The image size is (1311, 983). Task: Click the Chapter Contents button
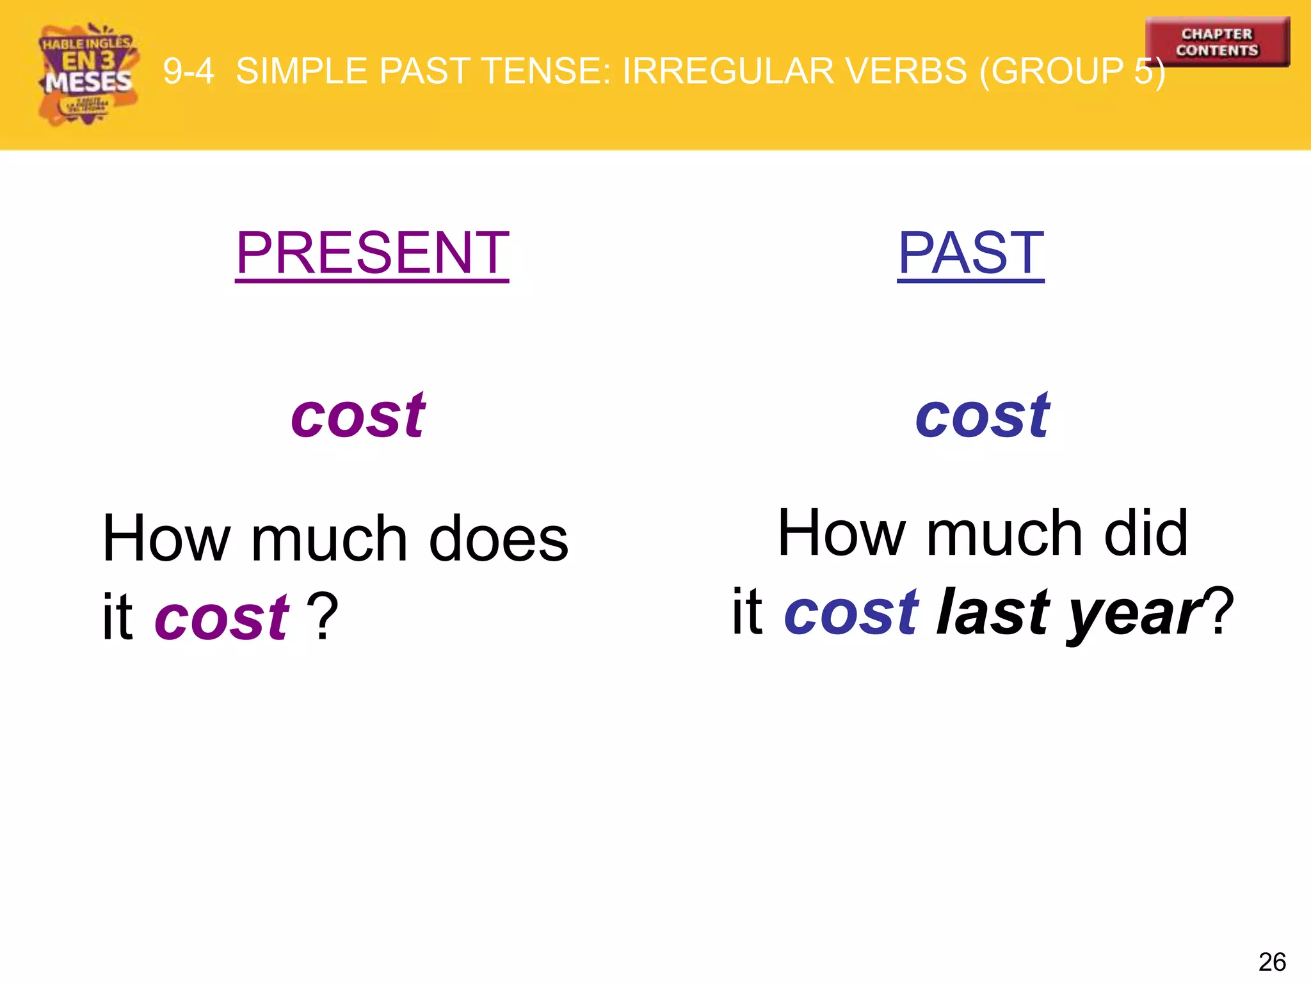(1217, 42)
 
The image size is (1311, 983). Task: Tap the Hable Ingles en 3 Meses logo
(88, 74)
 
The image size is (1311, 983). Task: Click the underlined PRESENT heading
(372, 253)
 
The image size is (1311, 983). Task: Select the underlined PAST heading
(970, 253)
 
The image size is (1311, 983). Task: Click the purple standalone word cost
(358, 417)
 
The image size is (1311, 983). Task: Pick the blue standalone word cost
(982, 417)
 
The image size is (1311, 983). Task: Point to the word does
(498, 539)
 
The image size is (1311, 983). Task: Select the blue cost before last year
(851, 612)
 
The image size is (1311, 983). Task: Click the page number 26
(1271, 962)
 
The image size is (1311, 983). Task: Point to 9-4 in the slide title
(188, 71)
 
